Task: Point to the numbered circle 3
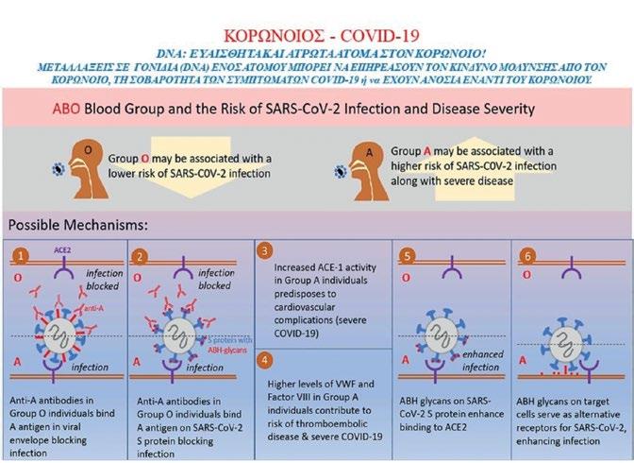pos(267,250)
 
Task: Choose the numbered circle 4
pos(267,359)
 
